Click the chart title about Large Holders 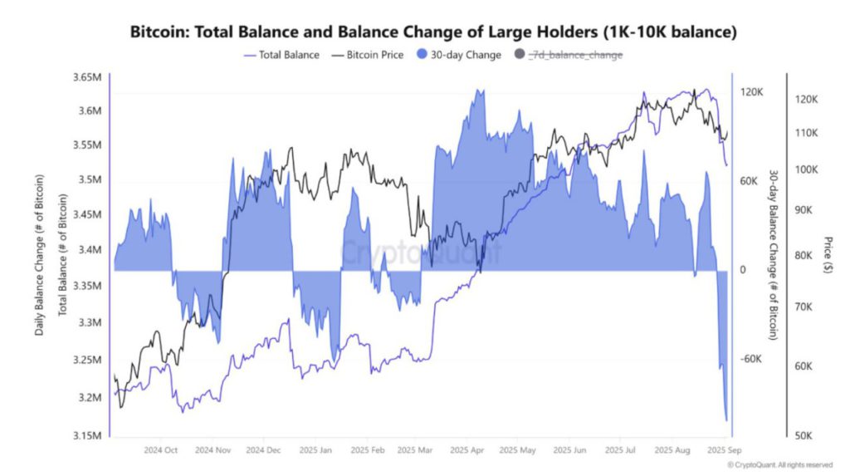pyautogui.click(x=433, y=32)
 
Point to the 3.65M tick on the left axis pyautogui.click(x=86, y=77)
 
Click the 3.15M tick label pyautogui.click(x=86, y=435)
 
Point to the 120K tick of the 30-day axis pyautogui.click(x=751, y=92)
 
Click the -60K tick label pyautogui.click(x=751, y=359)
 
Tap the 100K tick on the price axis pyautogui.click(x=806, y=169)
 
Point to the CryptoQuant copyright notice pyautogui.click(x=779, y=465)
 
